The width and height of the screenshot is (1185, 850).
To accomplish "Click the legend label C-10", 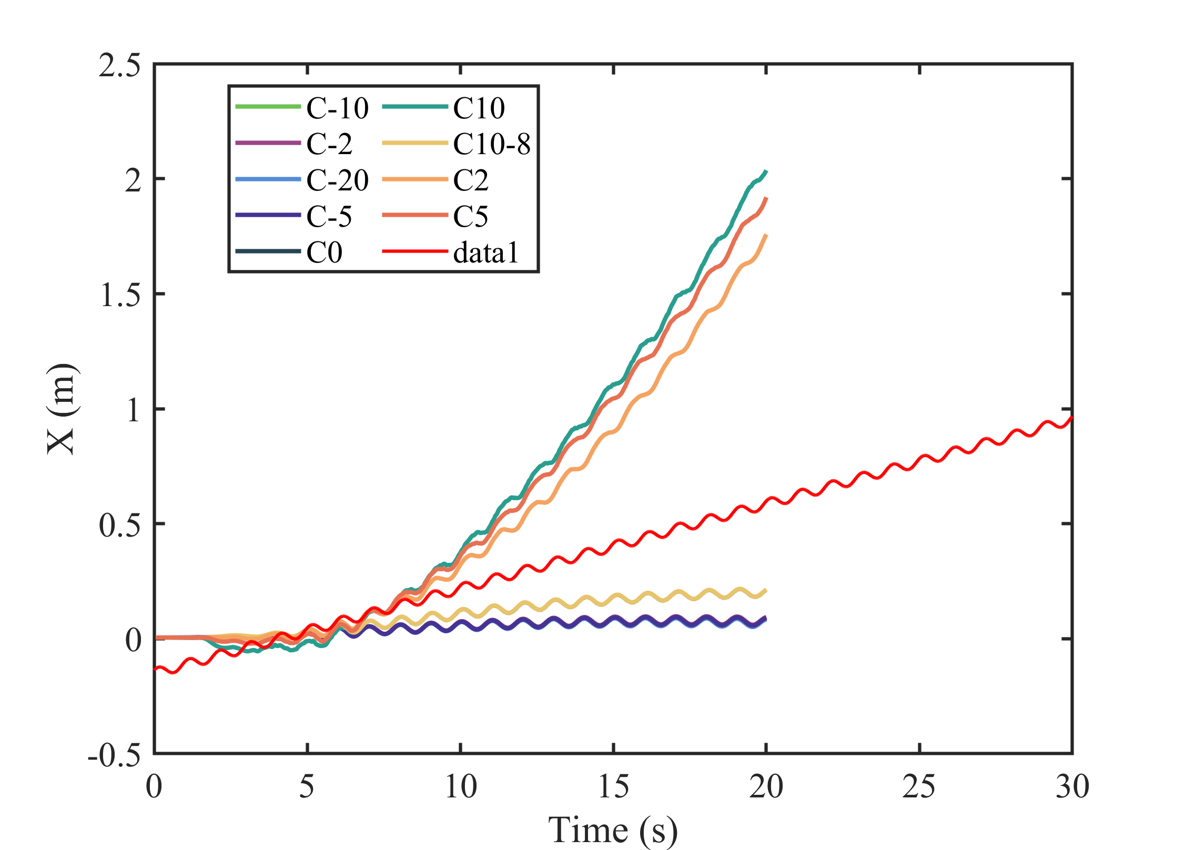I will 337,108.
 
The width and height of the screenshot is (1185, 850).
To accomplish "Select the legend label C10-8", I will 492,144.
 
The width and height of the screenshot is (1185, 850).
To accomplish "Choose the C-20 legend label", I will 337,180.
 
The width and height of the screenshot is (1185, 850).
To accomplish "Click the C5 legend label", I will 471,216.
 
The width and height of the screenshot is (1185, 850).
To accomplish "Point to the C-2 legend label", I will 329,144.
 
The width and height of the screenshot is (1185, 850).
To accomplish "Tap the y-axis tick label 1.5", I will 120,295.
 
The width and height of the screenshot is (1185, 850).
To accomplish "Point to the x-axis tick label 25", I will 919,787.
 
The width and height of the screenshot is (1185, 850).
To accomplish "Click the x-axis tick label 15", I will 613,787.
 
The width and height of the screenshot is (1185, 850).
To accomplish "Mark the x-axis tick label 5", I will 307,787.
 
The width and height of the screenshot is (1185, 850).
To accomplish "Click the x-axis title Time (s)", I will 613,830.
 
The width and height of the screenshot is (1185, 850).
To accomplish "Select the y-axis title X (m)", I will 62,408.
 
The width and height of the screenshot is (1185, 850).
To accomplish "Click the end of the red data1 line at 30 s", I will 1071,417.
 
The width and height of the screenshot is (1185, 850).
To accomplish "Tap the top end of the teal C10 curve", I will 766,171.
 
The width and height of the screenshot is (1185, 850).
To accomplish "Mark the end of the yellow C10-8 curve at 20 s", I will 766,590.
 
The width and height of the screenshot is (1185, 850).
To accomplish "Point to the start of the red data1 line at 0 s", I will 155,669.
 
